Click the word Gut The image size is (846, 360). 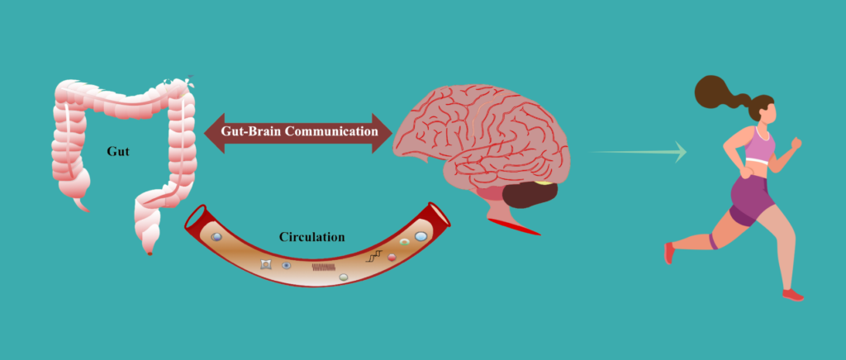point(117,152)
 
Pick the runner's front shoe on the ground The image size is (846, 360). point(792,295)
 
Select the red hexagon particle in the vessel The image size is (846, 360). point(392,258)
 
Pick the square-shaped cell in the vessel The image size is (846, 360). point(266,264)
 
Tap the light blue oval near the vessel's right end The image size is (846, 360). point(421,237)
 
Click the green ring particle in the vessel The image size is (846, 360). point(404,243)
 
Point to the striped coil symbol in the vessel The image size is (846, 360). point(323,267)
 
